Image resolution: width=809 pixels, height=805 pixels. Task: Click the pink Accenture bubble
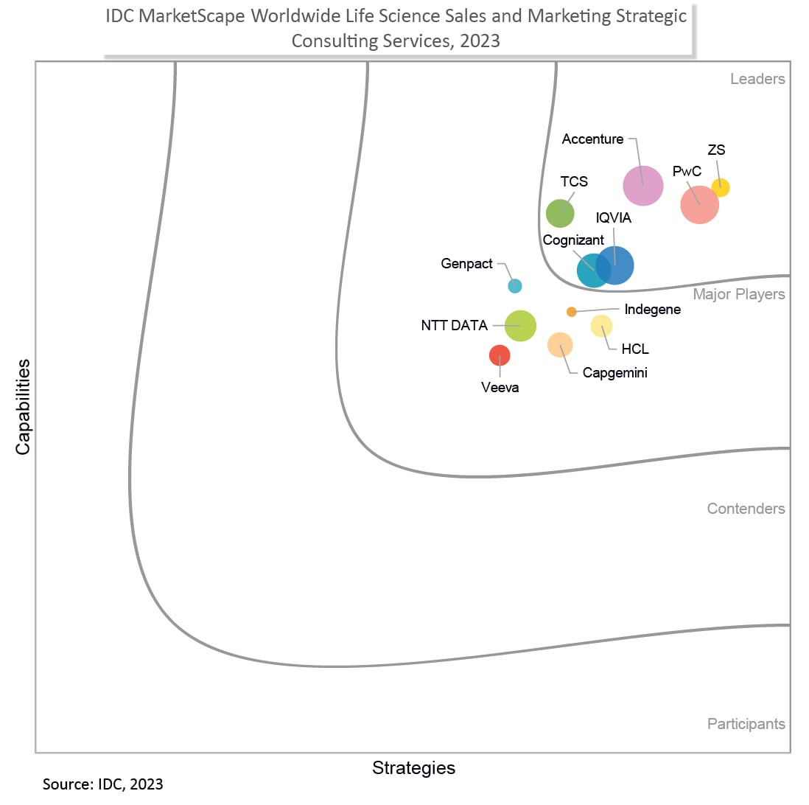point(643,186)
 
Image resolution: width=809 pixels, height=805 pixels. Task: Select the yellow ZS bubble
point(720,188)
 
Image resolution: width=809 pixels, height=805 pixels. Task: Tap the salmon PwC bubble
point(699,204)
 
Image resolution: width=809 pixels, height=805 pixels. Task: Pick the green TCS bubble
point(560,213)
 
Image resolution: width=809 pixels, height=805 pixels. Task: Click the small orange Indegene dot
point(571,312)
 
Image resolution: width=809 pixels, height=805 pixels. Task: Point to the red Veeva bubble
point(500,355)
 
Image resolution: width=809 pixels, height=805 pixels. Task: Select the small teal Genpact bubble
point(515,286)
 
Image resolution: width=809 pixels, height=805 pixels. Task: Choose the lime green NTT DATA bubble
point(520,325)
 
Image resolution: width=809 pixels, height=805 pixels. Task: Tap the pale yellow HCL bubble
point(601,325)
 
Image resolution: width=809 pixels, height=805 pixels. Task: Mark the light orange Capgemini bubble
point(560,344)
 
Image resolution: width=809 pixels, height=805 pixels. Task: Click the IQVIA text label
point(614,217)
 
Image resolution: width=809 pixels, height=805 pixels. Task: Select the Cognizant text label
point(573,240)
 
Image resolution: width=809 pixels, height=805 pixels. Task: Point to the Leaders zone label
point(757,79)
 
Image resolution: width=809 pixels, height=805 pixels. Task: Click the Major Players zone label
point(739,294)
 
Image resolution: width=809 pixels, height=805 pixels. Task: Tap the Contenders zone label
point(746,509)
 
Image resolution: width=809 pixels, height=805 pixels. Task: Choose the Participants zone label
point(746,724)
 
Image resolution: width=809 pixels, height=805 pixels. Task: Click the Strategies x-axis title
point(413,767)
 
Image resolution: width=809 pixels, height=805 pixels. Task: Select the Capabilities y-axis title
point(24,406)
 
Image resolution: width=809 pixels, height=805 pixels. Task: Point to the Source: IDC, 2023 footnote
point(103,784)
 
